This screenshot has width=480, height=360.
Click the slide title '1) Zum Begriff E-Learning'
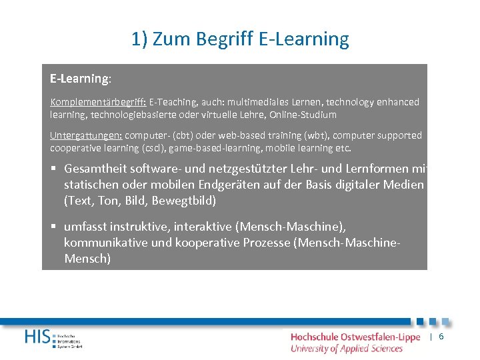point(240,39)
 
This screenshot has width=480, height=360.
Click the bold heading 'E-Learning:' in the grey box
point(81,79)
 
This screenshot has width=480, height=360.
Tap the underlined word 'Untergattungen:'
point(86,135)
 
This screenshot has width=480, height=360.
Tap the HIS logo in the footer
point(40,337)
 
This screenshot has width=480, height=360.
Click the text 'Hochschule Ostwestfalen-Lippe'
point(355,337)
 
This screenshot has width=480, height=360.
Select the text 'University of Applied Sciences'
point(346,348)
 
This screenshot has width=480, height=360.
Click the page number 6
point(441,337)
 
